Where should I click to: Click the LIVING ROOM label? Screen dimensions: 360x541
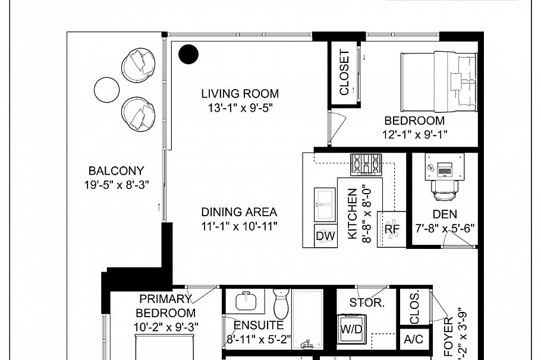(x=240, y=93)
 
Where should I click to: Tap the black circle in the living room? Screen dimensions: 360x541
(x=189, y=54)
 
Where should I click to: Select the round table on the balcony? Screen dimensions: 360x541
(x=107, y=89)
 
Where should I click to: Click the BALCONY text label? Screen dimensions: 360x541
(x=116, y=170)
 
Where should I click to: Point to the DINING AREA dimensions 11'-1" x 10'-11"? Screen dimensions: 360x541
(x=239, y=226)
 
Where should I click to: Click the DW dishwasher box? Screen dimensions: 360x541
(x=325, y=236)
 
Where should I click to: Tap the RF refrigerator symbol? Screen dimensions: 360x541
(x=392, y=229)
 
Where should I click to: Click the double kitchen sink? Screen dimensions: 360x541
(x=325, y=204)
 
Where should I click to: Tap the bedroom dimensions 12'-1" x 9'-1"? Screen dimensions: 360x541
(x=414, y=135)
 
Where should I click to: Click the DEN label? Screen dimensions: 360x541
(x=444, y=213)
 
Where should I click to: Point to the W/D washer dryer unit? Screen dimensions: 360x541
(x=351, y=328)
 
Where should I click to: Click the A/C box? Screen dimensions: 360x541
(x=413, y=339)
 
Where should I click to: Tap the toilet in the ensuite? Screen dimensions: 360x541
(x=281, y=303)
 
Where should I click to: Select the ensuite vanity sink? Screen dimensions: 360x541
(x=246, y=301)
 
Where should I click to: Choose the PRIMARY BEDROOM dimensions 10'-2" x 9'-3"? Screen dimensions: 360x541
(x=165, y=326)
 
